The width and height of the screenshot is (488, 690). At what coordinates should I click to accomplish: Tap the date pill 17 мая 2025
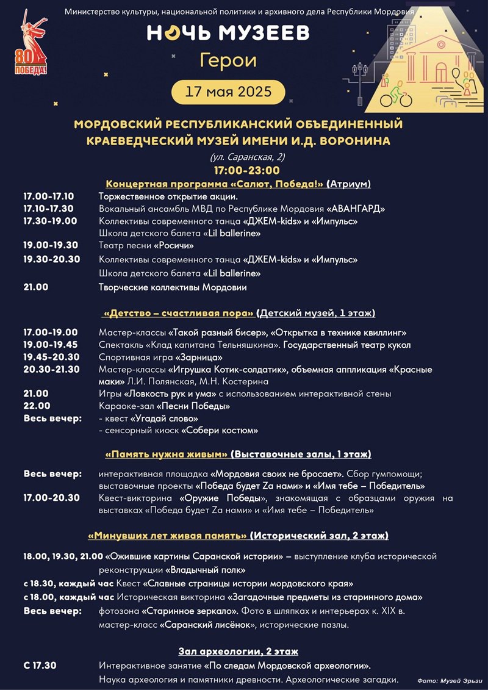[228, 93]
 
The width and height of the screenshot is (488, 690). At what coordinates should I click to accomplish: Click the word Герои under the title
[228, 60]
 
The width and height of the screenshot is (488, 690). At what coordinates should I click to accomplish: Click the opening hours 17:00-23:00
[246, 170]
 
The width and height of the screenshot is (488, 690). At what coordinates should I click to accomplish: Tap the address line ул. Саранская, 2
[246, 157]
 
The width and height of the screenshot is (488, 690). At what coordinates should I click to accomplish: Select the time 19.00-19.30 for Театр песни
[51, 245]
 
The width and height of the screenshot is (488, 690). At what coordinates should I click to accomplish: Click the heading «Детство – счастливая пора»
[179, 313]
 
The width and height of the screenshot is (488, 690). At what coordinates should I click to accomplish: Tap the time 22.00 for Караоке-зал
[36, 406]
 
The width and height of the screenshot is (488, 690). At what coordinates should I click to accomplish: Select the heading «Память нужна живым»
[168, 454]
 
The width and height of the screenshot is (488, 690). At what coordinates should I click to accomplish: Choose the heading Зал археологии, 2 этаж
[238, 651]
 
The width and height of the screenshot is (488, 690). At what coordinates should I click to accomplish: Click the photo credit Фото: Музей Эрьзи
[450, 680]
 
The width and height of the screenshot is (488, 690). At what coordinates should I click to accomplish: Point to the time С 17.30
[40, 665]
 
